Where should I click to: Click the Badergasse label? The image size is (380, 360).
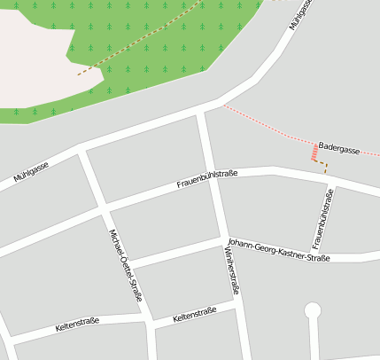click(x=339, y=150)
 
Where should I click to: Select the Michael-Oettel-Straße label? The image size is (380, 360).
click(x=125, y=264)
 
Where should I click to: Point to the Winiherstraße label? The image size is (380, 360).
click(x=232, y=270)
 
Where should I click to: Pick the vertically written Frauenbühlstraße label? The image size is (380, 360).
click(x=322, y=218)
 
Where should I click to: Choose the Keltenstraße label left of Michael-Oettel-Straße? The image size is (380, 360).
click(x=77, y=325)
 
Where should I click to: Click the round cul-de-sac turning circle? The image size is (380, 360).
click(x=312, y=310)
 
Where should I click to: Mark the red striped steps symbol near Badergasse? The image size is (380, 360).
click(x=314, y=153)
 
